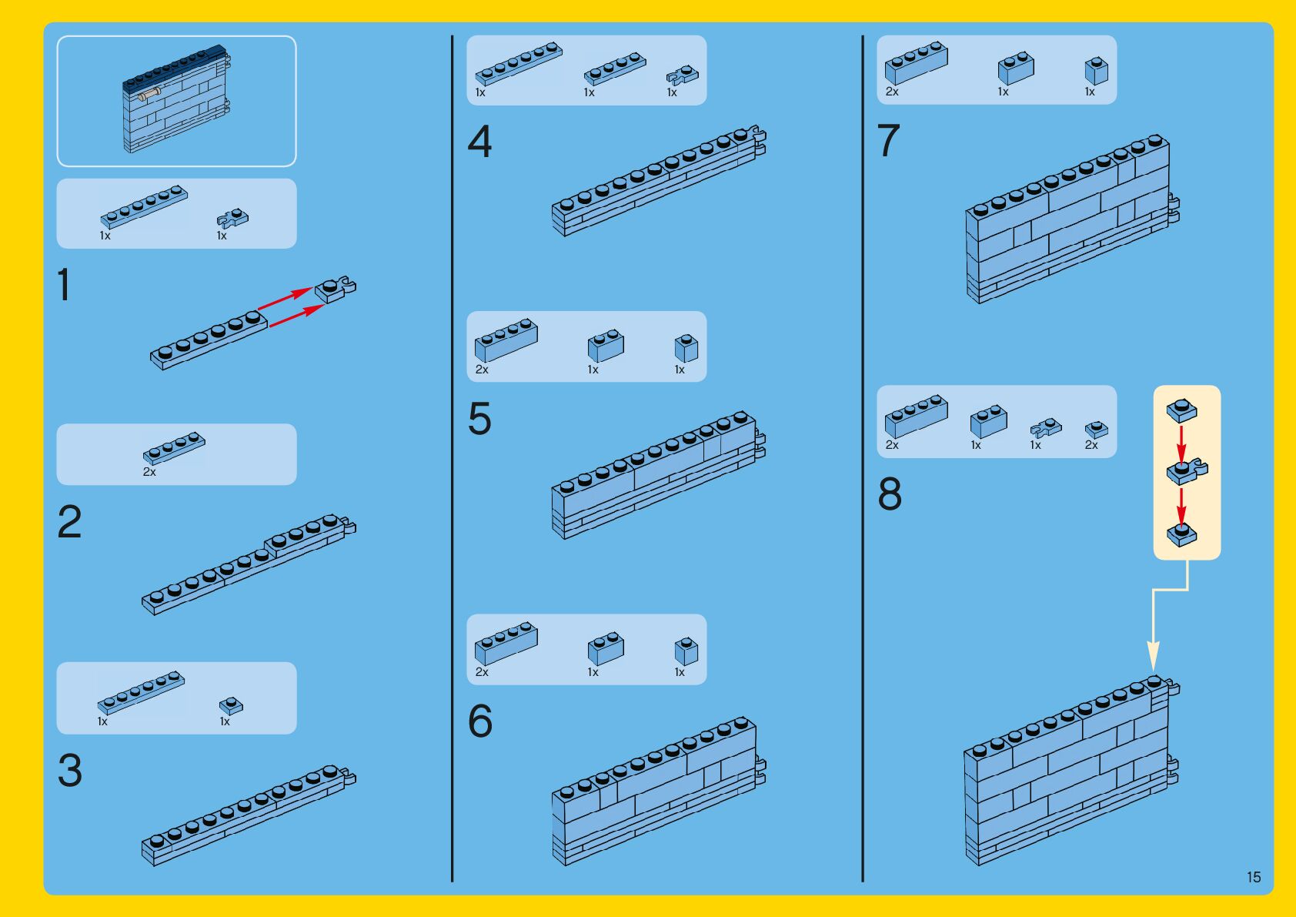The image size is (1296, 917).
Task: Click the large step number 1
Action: point(64,284)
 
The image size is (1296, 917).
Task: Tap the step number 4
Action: point(479,141)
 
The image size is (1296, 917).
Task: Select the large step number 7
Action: point(889,140)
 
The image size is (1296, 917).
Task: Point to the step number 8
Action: point(890,494)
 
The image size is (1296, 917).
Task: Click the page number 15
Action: point(1253,877)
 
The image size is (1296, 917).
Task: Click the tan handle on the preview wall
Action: point(148,95)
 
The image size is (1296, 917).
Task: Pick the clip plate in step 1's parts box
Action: point(232,218)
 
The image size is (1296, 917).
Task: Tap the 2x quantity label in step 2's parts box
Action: point(149,472)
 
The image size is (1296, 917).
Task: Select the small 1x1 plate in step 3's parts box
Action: point(231,706)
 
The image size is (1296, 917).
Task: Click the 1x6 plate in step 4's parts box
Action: point(519,63)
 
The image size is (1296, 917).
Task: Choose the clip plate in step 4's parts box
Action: point(683,75)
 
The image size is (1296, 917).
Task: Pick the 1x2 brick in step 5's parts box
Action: point(606,346)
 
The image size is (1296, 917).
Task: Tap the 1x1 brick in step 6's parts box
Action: point(686,651)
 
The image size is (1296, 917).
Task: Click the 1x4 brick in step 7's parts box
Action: point(917,62)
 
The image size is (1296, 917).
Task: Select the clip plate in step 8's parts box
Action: point(1046,428)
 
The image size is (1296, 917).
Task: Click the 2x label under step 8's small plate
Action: point(1091,444)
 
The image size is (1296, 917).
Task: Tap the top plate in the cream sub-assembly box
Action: point(1181,410)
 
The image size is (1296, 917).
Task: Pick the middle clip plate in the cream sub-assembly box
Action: point(1186,472)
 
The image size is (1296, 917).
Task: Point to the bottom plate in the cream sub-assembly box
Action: point(1181,534)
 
